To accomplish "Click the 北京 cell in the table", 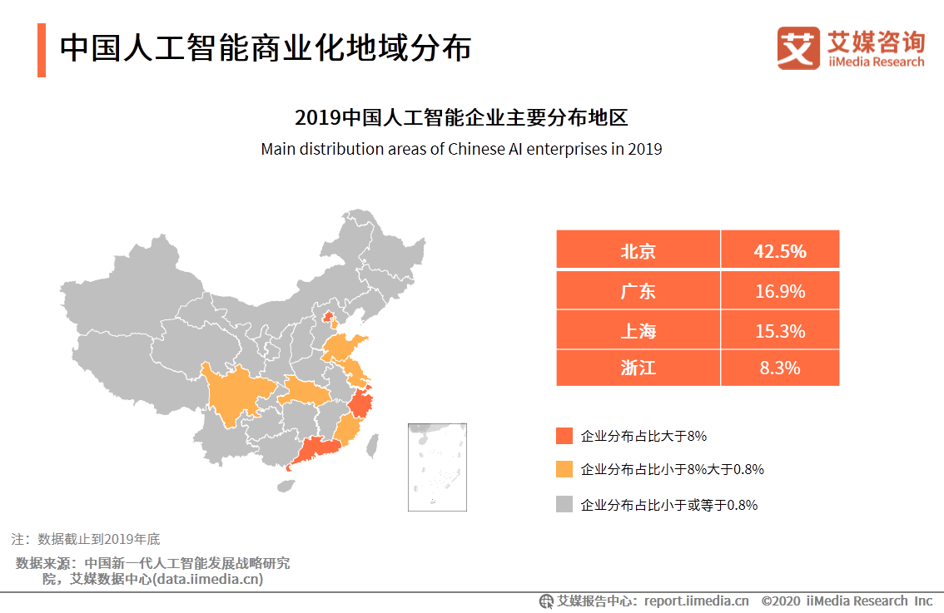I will tap(638, 250).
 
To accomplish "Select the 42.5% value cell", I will tap(780, 250).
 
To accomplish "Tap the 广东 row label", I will tap(638, 291).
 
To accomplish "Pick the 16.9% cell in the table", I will tap(780, 291).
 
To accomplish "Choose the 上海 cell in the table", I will tap(638, 331).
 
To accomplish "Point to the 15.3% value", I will tap(780, 331).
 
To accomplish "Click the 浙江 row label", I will tap(638, 368).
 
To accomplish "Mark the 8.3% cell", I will tap(780, 368).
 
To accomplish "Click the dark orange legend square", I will tap(564, 436).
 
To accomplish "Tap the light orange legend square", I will tap(564, 469).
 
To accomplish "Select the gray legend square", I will tap(564, 504).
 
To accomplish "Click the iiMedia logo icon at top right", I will tap(797, 48).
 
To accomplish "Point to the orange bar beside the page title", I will tap(42, 50).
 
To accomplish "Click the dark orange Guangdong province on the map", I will tap(316, 450).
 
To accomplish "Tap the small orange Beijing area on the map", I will tap(327, 317).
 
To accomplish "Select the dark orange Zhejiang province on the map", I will tap(362, 405).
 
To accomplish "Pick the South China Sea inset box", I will tap(437, 467).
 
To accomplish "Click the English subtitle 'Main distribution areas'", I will tap(461, 150).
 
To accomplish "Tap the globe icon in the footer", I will tap(546, 601).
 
